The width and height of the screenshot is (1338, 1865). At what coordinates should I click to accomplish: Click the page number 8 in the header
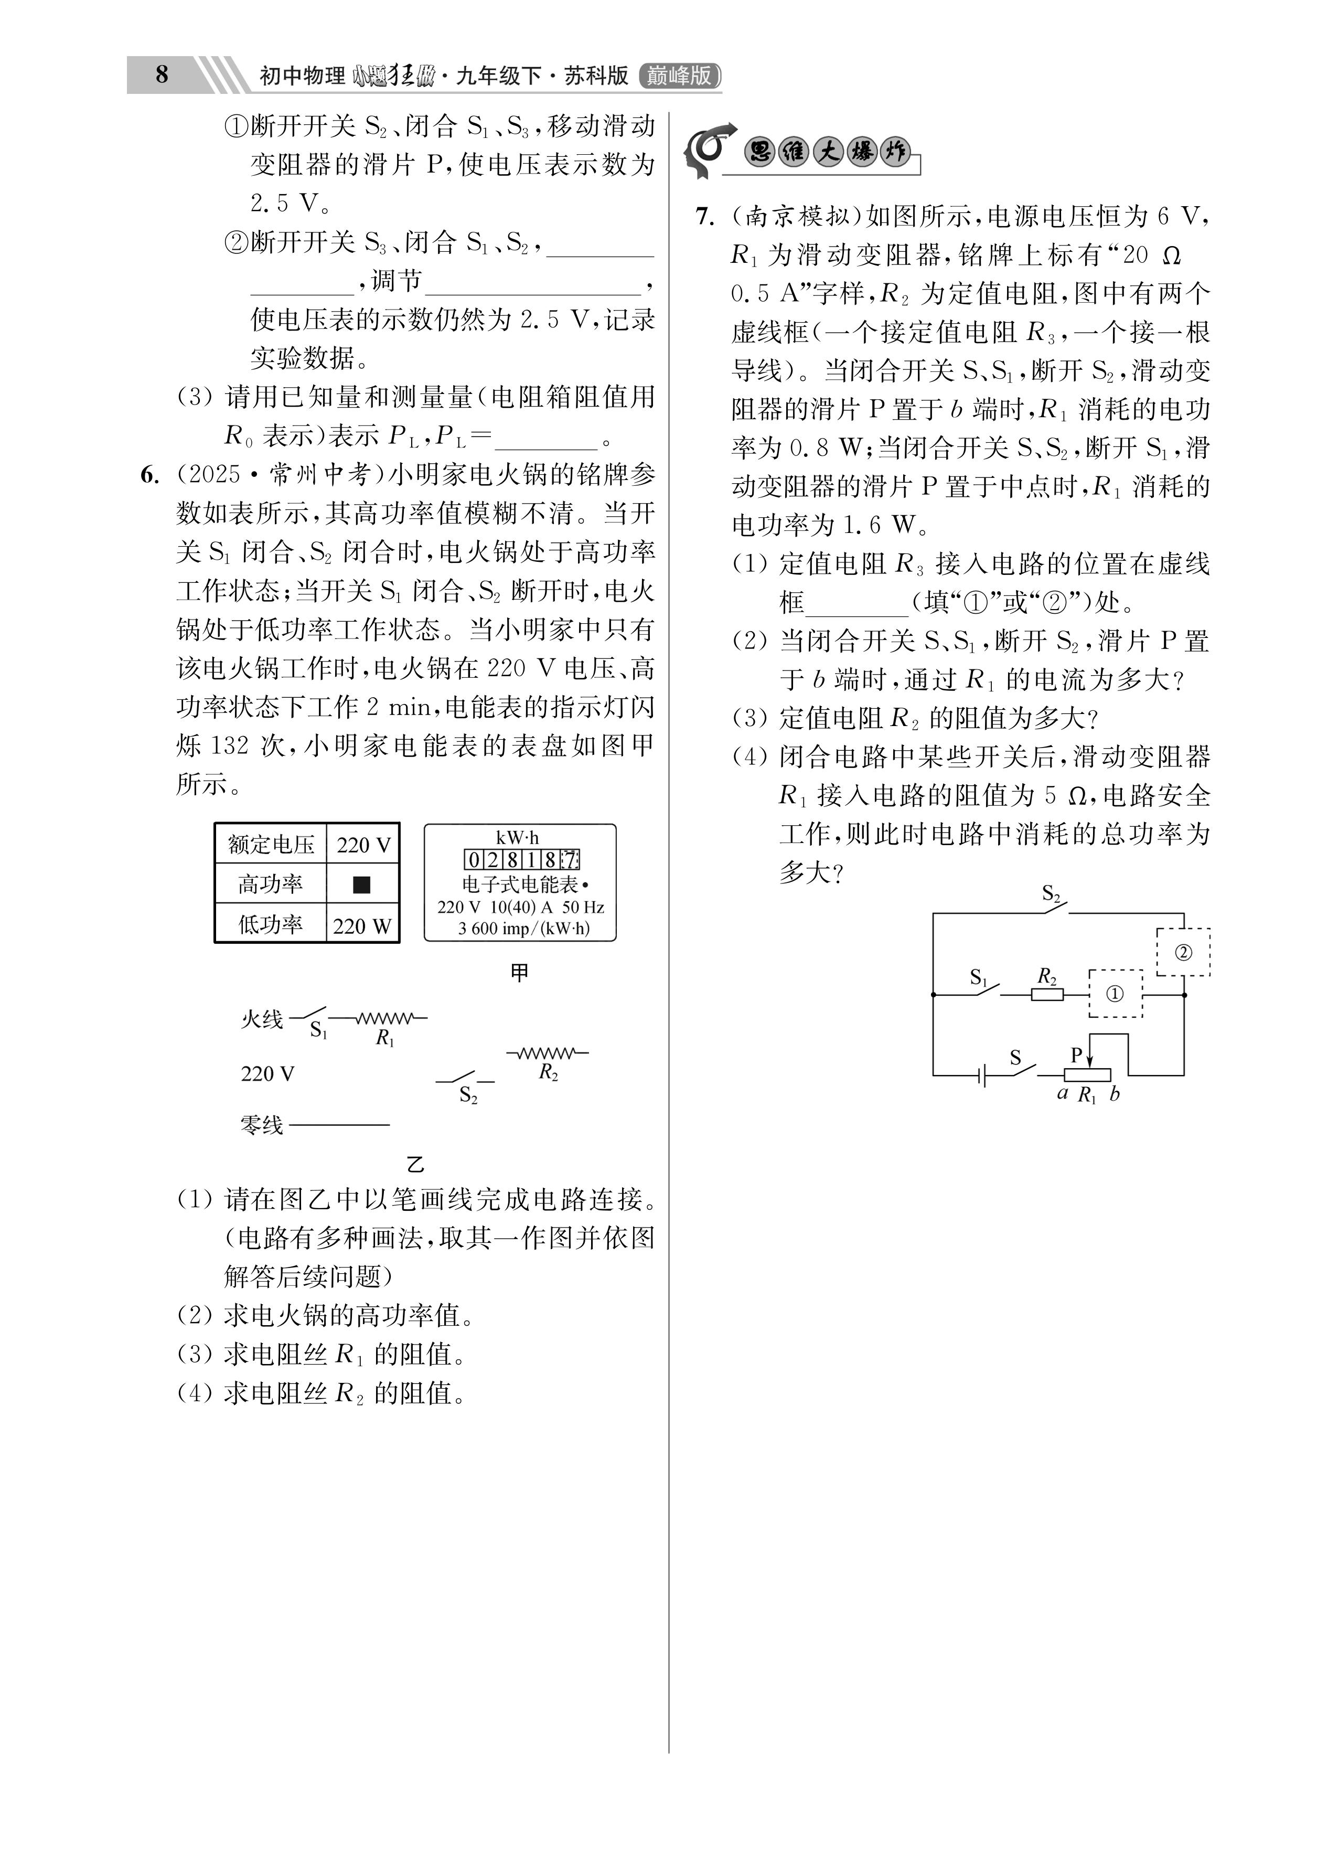(x=162, y=75)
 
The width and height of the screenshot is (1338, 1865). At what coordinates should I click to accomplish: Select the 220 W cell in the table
(x=362, y=925)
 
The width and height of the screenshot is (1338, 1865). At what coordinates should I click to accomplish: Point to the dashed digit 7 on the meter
(x=570, y=860)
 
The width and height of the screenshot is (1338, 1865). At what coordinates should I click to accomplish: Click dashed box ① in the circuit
(x=1115, y=993)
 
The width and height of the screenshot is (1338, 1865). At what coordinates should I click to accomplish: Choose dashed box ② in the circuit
(x=1183, y=952)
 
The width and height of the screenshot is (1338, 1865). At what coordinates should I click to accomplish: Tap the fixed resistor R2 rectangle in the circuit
(x=1047, y=994)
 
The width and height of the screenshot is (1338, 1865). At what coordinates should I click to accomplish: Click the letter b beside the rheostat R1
(x=1115, y=1094)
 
